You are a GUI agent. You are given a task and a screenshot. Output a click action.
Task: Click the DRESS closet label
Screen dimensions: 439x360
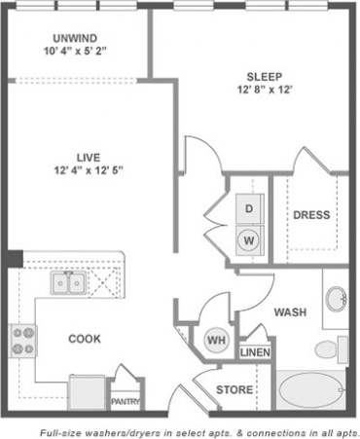311,215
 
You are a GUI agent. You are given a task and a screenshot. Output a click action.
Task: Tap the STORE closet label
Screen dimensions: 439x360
234,390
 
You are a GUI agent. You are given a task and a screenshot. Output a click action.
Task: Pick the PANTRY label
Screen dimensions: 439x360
125,400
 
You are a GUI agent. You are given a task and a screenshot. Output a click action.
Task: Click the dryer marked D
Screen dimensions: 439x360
249,208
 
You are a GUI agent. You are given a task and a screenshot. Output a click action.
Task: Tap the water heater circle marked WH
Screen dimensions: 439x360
215,340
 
